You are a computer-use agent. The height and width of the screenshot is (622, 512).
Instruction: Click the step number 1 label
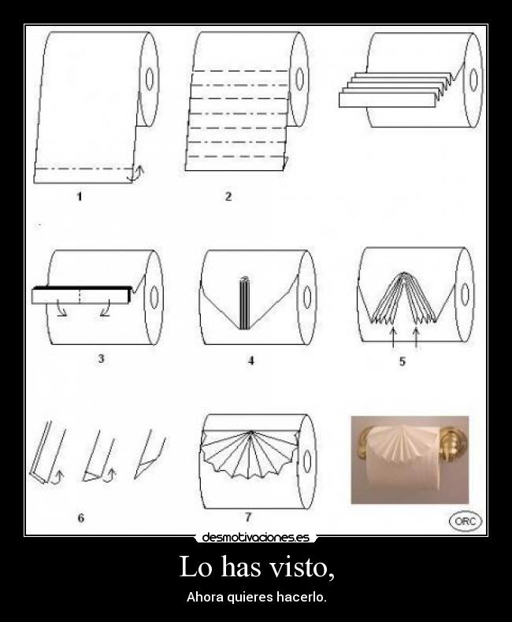(80, 197)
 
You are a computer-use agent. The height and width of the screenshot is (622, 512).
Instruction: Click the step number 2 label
(228, 197)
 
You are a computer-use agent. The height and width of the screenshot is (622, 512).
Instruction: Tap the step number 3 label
(102, 358)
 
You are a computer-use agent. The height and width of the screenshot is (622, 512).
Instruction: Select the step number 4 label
(250, 361)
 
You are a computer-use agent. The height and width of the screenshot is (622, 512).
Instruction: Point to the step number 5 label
(403, 361)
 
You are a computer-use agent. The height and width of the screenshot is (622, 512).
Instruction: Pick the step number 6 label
(80, 517)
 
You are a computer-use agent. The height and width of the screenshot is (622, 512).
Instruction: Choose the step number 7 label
(248, 517)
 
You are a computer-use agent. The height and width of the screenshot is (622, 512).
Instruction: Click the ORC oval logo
(465, 520)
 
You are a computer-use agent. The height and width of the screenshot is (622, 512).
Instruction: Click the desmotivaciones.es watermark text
(256, 538)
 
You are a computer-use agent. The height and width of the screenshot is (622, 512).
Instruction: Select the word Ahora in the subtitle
(202, 597)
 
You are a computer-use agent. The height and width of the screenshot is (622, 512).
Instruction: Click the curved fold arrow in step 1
(138, 172)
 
